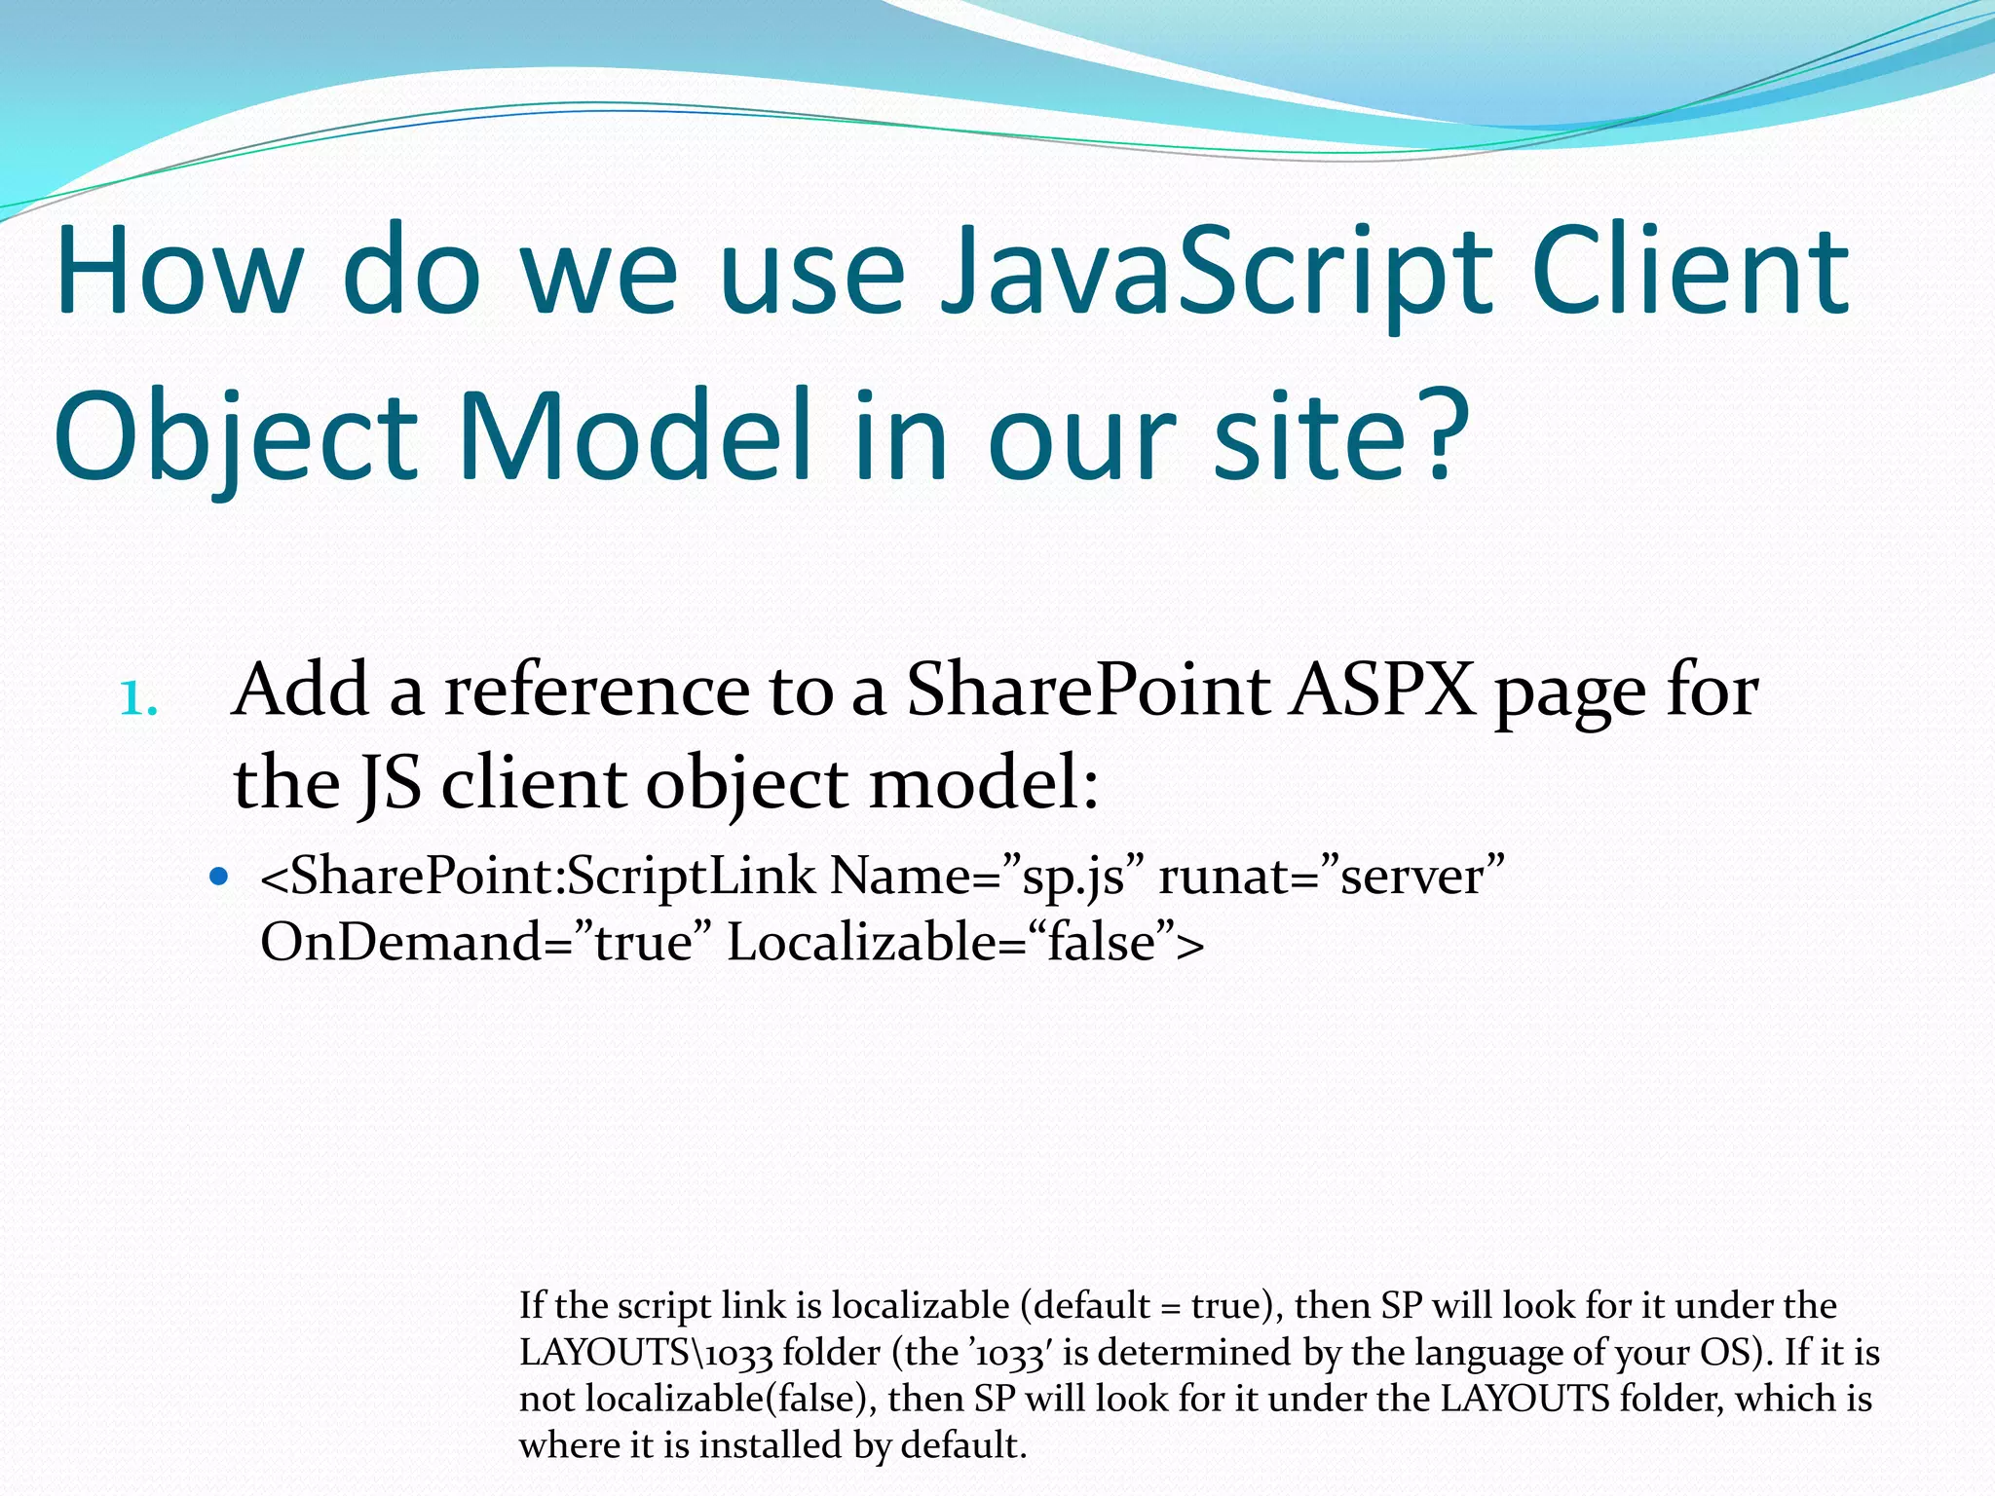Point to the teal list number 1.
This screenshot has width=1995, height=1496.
pyautogui.click(x=137, y=698)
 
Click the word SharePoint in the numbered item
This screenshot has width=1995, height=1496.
pyautogui.click(x=1088, y=691)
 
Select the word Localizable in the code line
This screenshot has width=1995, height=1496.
pyautogui.click(x=861, y=942)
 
